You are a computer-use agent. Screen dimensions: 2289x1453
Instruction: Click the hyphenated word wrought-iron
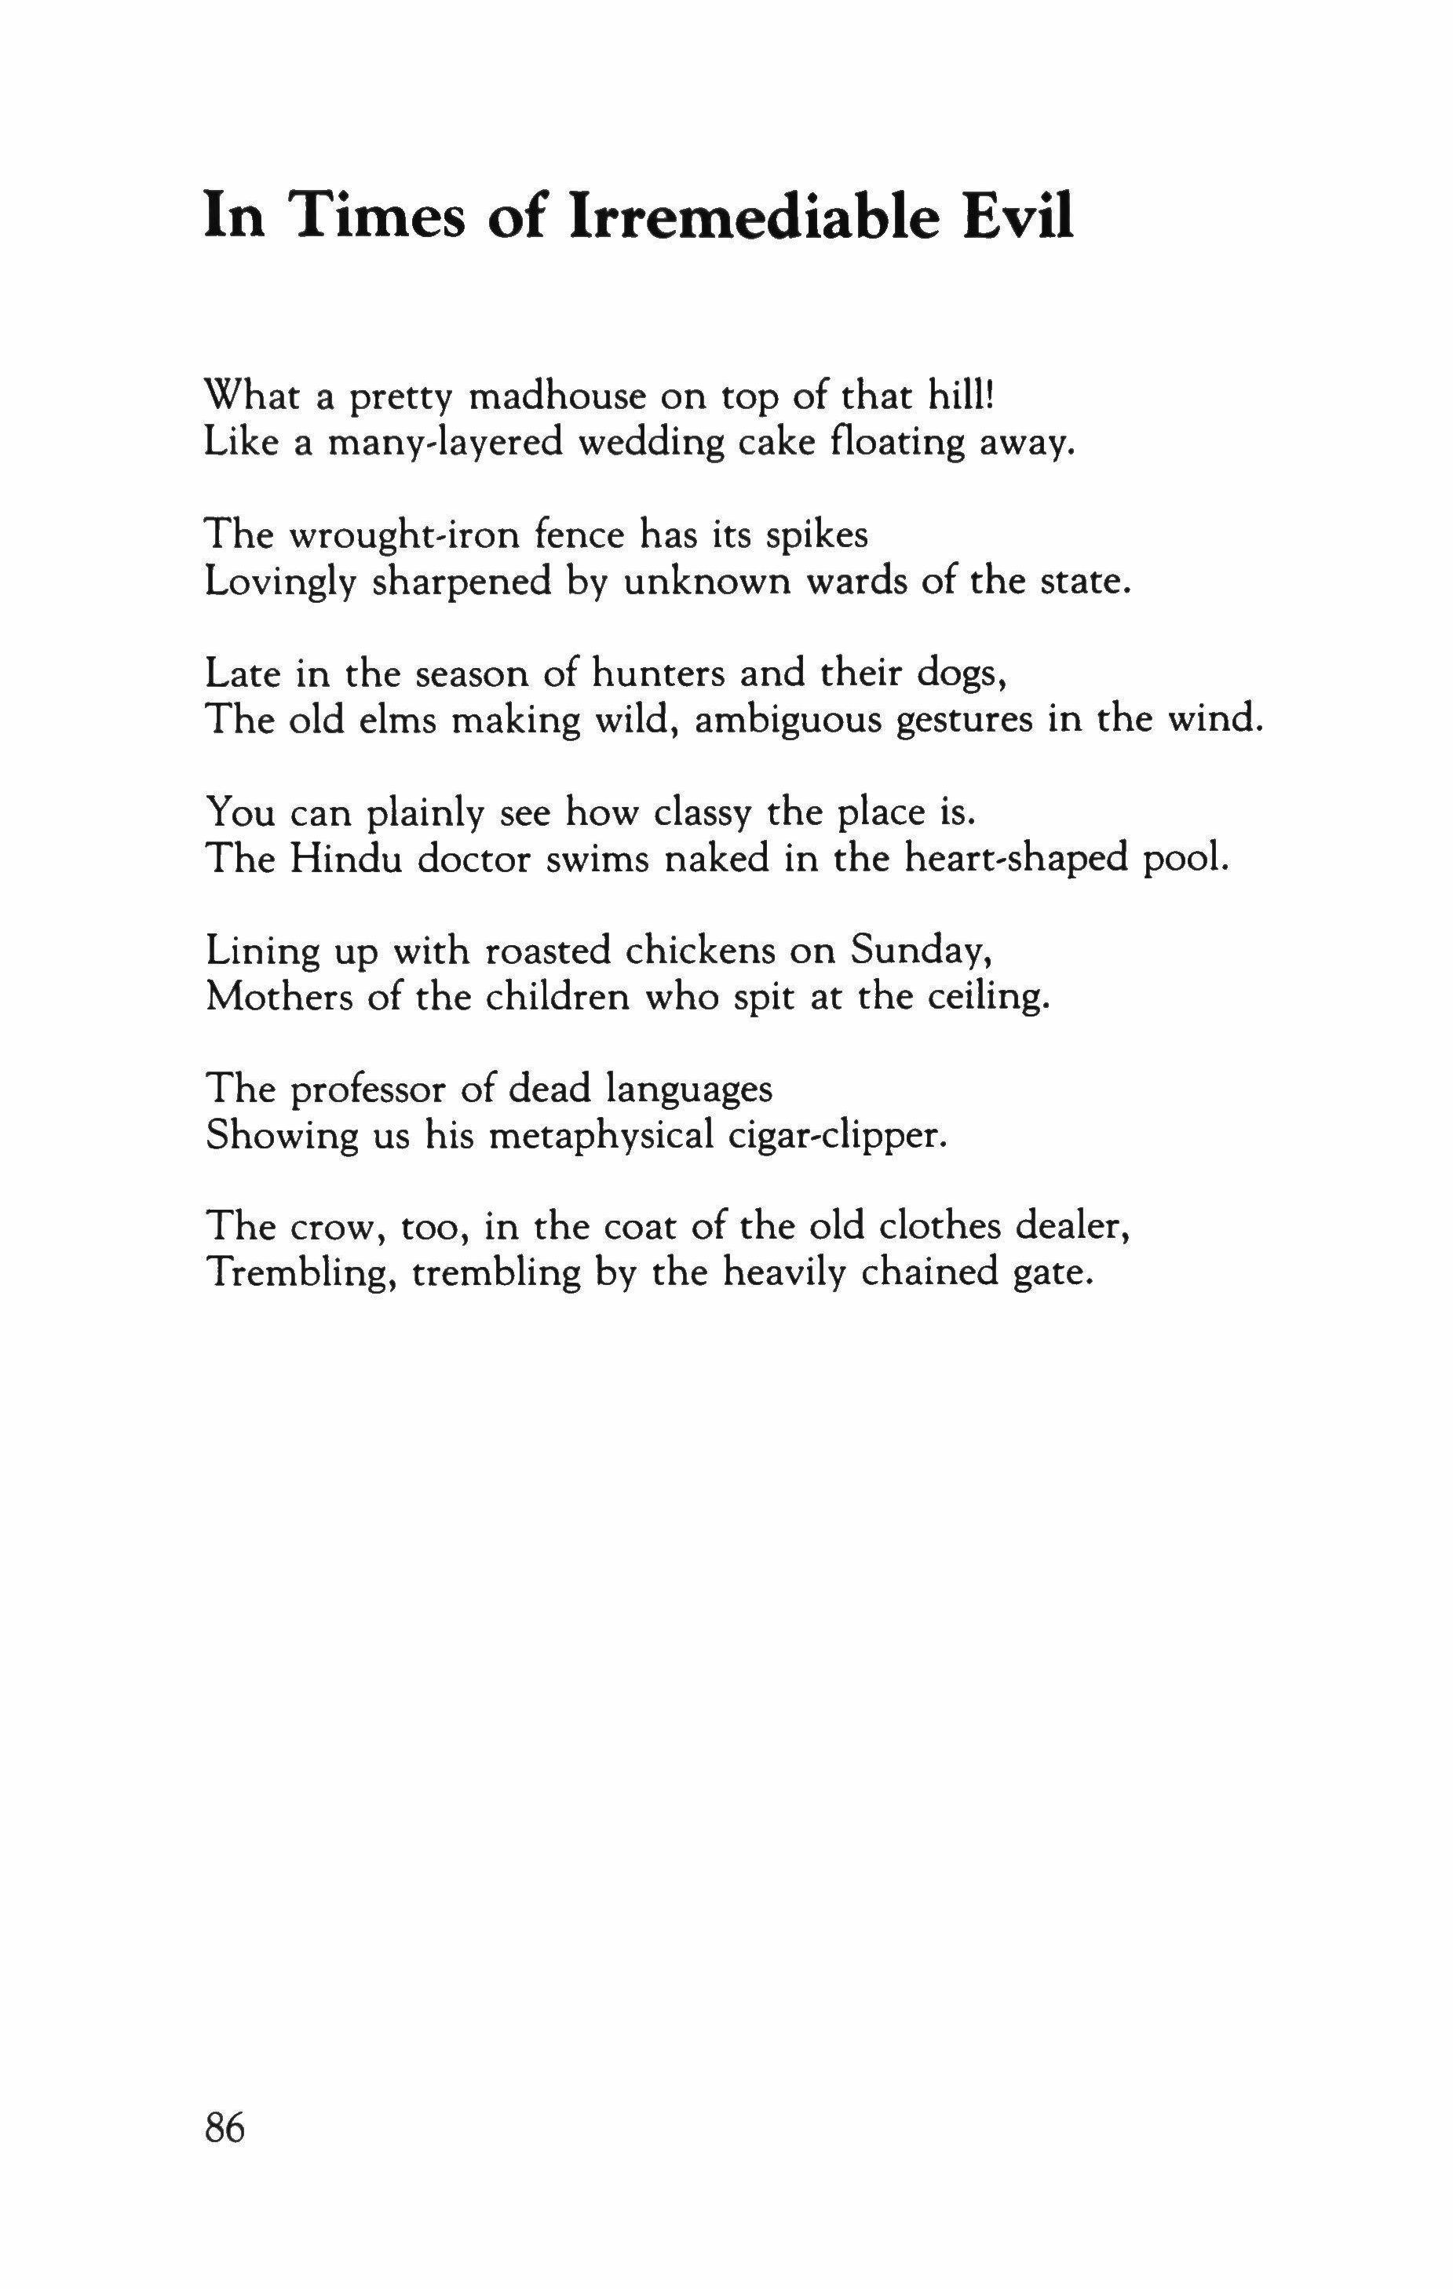pos(403,535)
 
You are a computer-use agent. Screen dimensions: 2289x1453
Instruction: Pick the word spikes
pos(816,535)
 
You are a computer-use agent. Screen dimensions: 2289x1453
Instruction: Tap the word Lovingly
pos(280,582)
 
